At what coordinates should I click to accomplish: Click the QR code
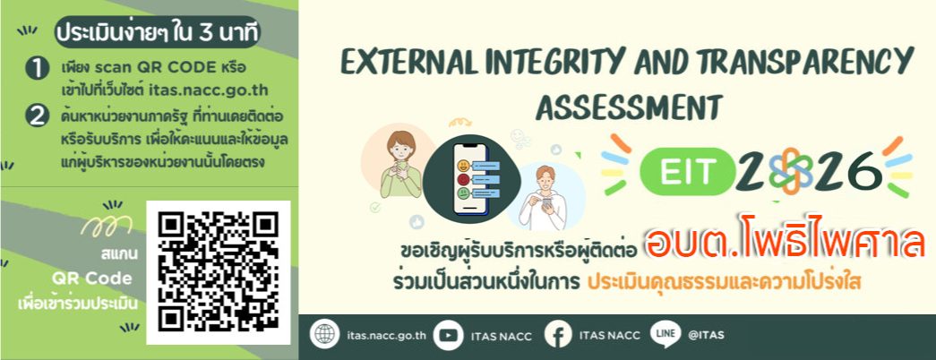coord(218,272)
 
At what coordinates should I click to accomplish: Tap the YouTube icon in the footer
coord(448,335)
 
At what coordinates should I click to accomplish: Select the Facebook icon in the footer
coord(558,335)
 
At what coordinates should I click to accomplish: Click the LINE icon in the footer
coord(666,334)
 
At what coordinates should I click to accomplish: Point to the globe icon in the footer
coord(325,335)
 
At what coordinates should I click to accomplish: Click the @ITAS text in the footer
coord(706,336)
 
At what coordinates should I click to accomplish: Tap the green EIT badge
coord(686,172)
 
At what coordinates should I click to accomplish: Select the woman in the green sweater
coord(401,164)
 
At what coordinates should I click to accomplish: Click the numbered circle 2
coord(37,116)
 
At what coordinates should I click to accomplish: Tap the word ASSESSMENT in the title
coord(628,107)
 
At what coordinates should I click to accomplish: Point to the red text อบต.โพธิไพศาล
coord(785,244)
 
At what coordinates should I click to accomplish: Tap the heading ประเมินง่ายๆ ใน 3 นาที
coord(158,33)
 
